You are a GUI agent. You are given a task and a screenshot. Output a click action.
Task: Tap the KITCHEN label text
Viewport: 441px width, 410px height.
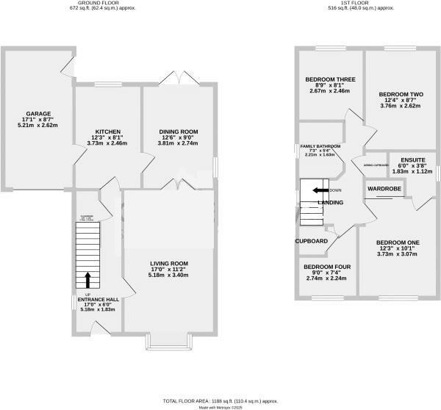(x=107, y=132)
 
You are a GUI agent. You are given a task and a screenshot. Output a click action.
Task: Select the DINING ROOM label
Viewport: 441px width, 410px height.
(x=179, y=132)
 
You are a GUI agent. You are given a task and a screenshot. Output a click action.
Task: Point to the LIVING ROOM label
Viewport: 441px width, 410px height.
(x=169, y=263)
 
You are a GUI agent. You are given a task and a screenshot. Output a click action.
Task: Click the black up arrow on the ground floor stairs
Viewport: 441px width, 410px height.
(x=87, y=280)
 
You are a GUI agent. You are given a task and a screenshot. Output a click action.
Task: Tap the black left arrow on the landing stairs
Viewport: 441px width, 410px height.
(x=320, y=190)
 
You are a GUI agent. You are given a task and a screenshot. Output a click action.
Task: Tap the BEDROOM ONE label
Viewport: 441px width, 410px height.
(x=398, y=242)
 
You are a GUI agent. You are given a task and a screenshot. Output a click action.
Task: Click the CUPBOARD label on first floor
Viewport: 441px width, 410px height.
(x=311, y=241)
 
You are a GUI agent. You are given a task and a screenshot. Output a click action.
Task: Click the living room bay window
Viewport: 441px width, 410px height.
(x=169, y=340)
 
